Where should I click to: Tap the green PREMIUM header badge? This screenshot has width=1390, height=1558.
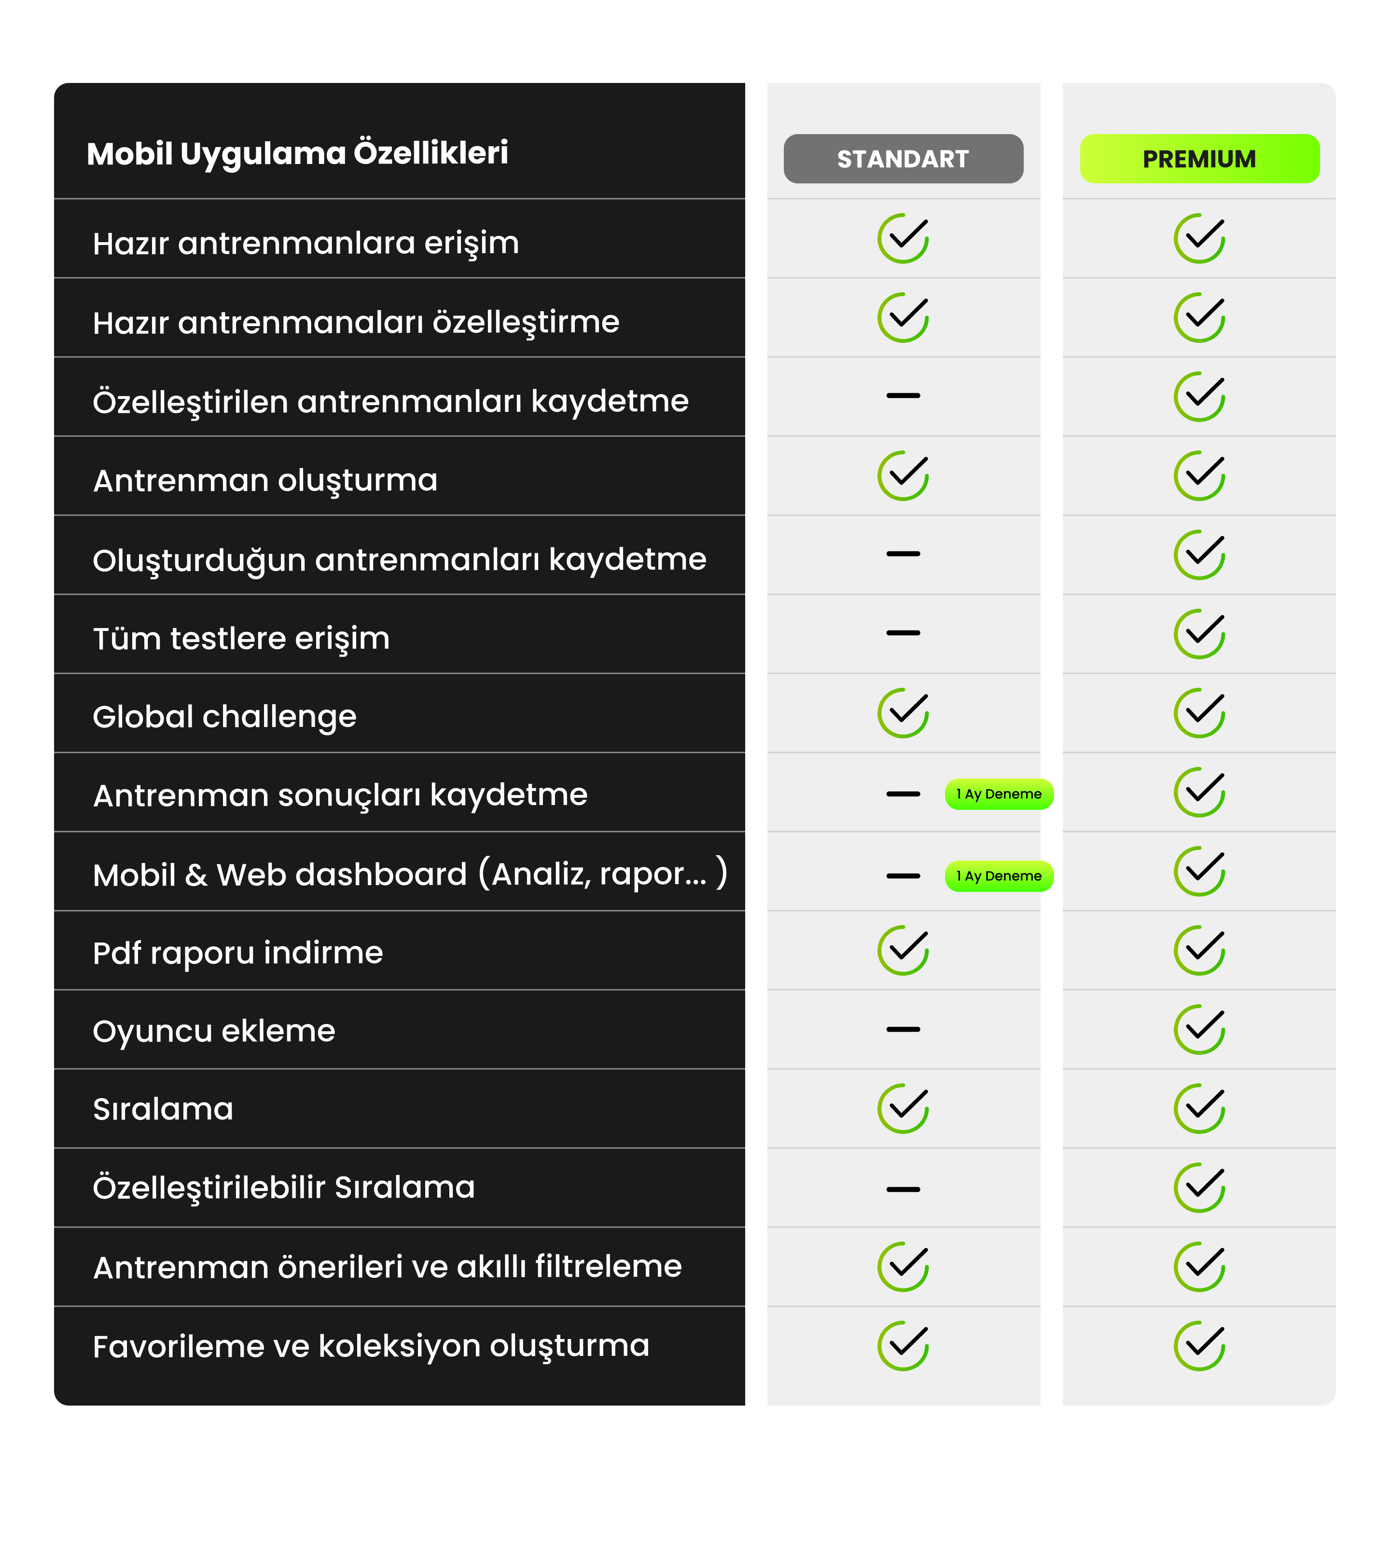[1199, 159]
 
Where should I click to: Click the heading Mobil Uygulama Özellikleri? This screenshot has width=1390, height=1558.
[297, 153]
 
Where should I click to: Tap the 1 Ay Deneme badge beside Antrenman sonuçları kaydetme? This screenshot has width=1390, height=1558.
[999, 794]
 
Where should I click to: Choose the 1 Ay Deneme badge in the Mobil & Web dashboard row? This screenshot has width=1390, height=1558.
[999, 875]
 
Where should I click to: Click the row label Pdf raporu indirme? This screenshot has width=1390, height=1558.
[237, 953]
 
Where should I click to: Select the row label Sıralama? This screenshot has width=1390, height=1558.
[163, 1108]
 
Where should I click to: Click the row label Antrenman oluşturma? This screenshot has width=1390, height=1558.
[265, 480]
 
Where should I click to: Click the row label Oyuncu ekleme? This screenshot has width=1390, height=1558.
[214, 1030]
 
